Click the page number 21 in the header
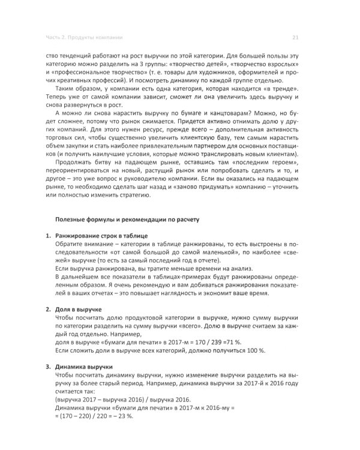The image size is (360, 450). click(295, 37)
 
